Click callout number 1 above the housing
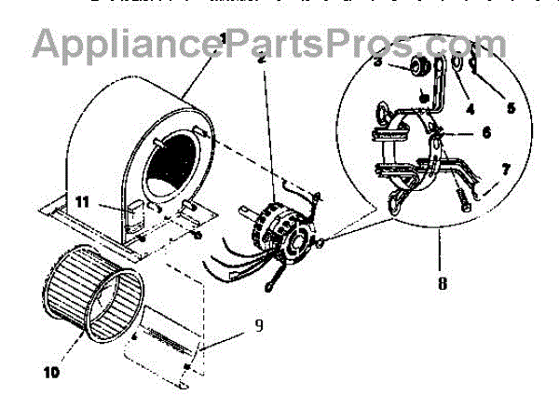pyautogui.click(x=222, y=39)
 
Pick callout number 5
pyautogui.click(x=510, y=107)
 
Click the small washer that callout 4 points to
pyautogui.click(x=459, y=65)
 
